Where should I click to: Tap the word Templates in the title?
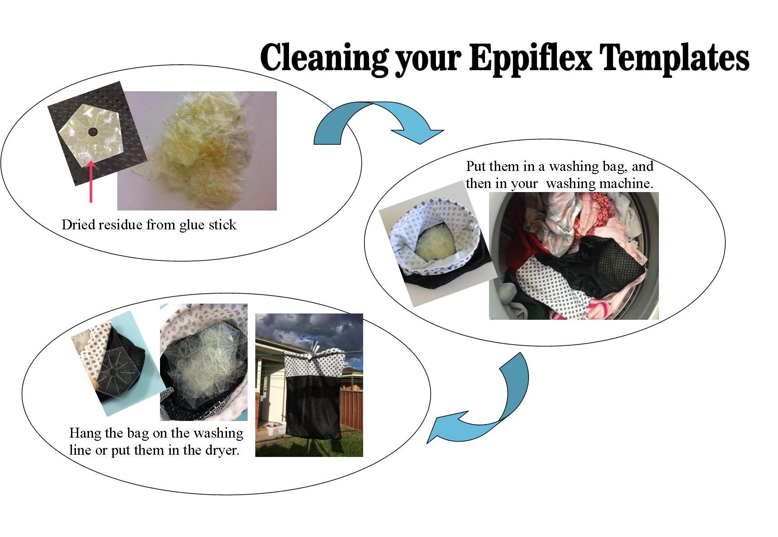tap(675, 58)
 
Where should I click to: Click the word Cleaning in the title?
tap(324, 59)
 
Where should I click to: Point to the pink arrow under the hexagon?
tap(91, 181)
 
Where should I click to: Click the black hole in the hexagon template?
tap(93, 132)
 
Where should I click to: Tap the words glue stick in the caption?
tap(207, 225)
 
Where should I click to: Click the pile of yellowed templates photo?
tap(197, 151)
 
